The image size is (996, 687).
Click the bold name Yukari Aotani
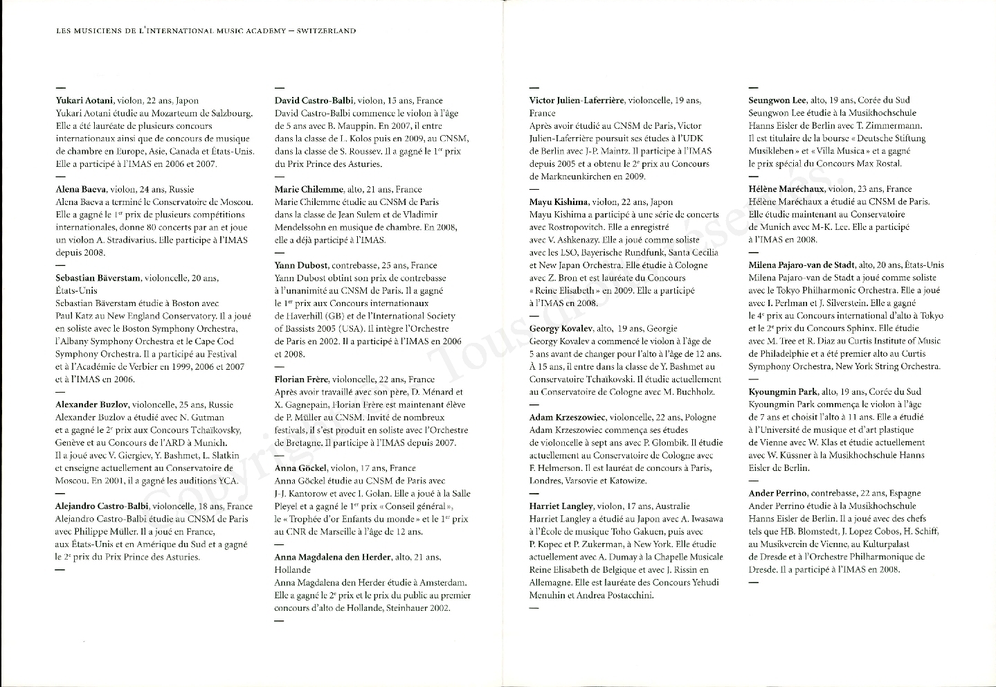[84, 100]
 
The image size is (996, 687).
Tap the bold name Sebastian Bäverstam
[98, 278]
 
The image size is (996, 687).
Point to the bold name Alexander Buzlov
[91, 404]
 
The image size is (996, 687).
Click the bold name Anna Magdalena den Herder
[332, 557]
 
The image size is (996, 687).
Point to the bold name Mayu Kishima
[559, 202]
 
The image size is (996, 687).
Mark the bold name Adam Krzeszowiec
[567, 418]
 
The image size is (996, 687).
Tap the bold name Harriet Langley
[561, 506]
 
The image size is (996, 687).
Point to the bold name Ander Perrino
[777, 493]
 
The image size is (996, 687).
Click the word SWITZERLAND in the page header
[326, 30]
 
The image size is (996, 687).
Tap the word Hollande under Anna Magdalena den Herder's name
[293, 570]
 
